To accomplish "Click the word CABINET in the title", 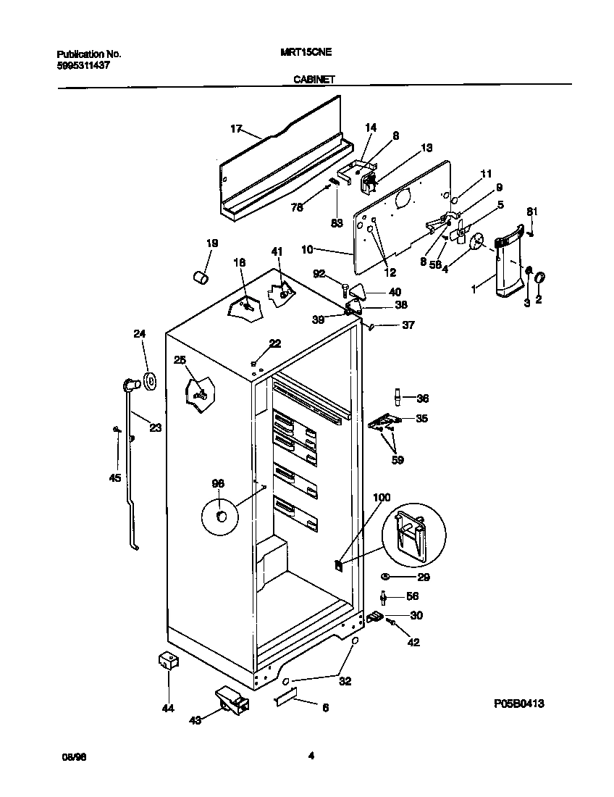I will [x=313, y=80].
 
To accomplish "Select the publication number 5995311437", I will [x=83, y=65].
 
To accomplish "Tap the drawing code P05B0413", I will [x=519, y=704].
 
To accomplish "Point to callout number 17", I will [x=235, y=129].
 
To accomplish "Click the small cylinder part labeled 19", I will [x=201, y=277].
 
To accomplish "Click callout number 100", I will [x=381, y=497].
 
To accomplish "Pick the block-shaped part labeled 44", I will [x=168, y=660].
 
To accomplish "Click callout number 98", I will [x=218, y=483].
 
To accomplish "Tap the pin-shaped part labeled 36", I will [x=397, y=397].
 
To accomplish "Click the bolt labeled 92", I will [x=345, y=291].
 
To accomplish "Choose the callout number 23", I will [x=155, y=427].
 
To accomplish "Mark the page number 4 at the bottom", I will [x=310, y=756].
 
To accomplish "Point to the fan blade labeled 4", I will [x=476, y=243].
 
